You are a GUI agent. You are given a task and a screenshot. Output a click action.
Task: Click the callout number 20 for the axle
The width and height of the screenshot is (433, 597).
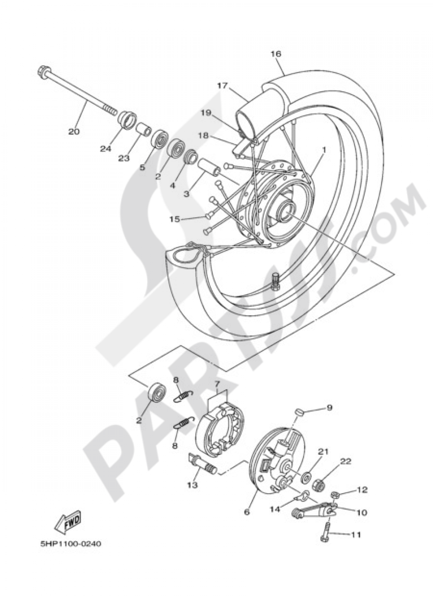tap(74, 131)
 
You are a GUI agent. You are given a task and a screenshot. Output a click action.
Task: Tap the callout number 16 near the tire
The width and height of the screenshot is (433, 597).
tap(276, 54)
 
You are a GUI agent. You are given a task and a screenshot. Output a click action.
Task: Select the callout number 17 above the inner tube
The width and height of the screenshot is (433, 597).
tap(223, 86)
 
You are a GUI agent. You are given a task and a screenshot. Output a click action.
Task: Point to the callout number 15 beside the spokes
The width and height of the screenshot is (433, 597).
tap(174, 219)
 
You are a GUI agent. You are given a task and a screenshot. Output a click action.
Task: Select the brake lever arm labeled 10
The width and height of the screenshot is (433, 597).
tap(312, 511)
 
